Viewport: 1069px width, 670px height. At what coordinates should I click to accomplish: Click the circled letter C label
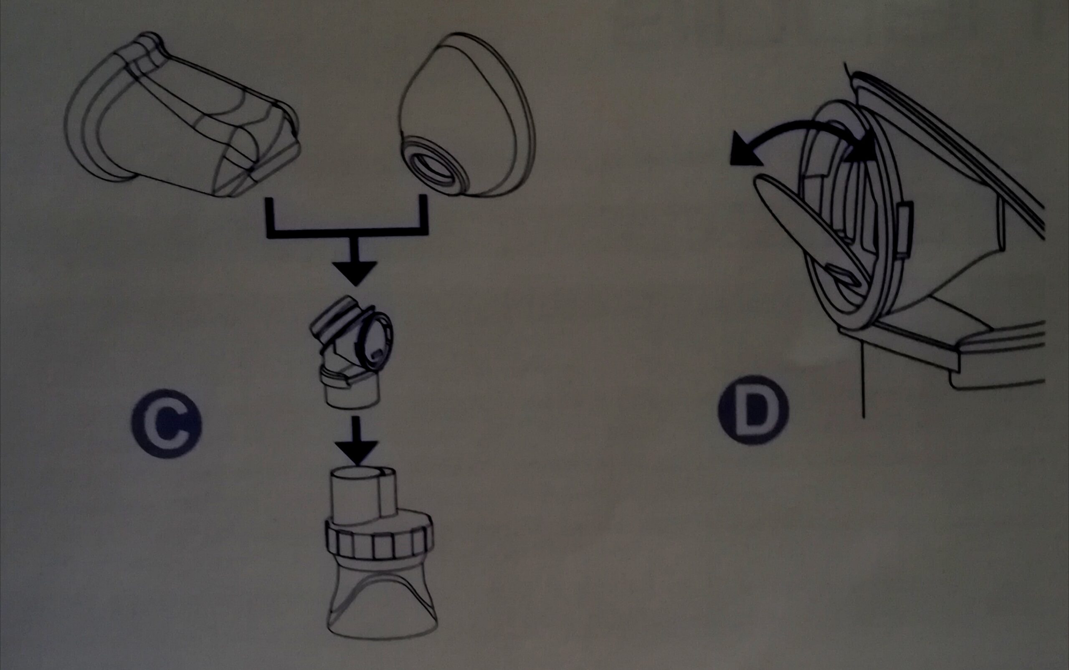click(x=167, y=423)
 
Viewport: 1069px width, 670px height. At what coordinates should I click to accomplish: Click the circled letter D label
click(x=753, y=410)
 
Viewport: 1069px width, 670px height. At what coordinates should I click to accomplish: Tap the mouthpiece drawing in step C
click(x=182, y=115)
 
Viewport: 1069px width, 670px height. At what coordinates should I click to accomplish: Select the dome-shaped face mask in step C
click(x=468, y=115)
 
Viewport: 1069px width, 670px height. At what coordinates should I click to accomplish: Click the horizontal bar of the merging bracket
click(x=347, y=233)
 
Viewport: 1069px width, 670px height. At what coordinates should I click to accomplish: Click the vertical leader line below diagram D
click(x=863, y=381)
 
